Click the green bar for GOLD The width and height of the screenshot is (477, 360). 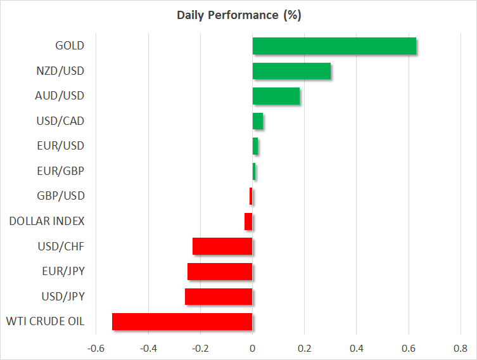pyautogui.click(x=334, y=46)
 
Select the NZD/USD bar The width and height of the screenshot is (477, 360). pyautogui.click(x=291, y=71)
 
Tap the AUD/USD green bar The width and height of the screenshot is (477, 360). pyautogui.click(x=276, y=96)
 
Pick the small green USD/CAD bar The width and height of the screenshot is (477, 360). pyautogui.click(x=258, y=121)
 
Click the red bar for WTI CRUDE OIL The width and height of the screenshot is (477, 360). pyautogui.click(x=182, y=321)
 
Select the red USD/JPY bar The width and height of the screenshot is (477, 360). pyautogui.click(x=219, y=297)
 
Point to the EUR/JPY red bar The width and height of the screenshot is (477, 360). pyautogui.click(x=220, y=271)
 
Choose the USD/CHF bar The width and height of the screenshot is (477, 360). pyautogui.click(x=222, y=247)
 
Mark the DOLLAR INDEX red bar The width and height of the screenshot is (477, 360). pyautogui.click(x=248, y=221)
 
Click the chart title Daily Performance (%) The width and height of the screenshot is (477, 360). pyautogui.click(x=238, y=15)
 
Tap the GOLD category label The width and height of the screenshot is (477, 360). pyautogui.click(x=70, y=46)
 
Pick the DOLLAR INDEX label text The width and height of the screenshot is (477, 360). pyautogui.click(x=46, y=221)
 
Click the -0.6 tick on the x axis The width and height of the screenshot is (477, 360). pyautogui.click(x=96, y=348)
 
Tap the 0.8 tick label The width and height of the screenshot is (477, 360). pyautogui.click(x=460, y=348)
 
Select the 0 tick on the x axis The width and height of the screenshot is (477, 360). pyautogui.click(x=252, y=348)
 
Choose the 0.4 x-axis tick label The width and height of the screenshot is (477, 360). pyautogui.click(x=356, y=348)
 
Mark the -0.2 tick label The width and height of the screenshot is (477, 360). pyautogui.click(x=200, y=348)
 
